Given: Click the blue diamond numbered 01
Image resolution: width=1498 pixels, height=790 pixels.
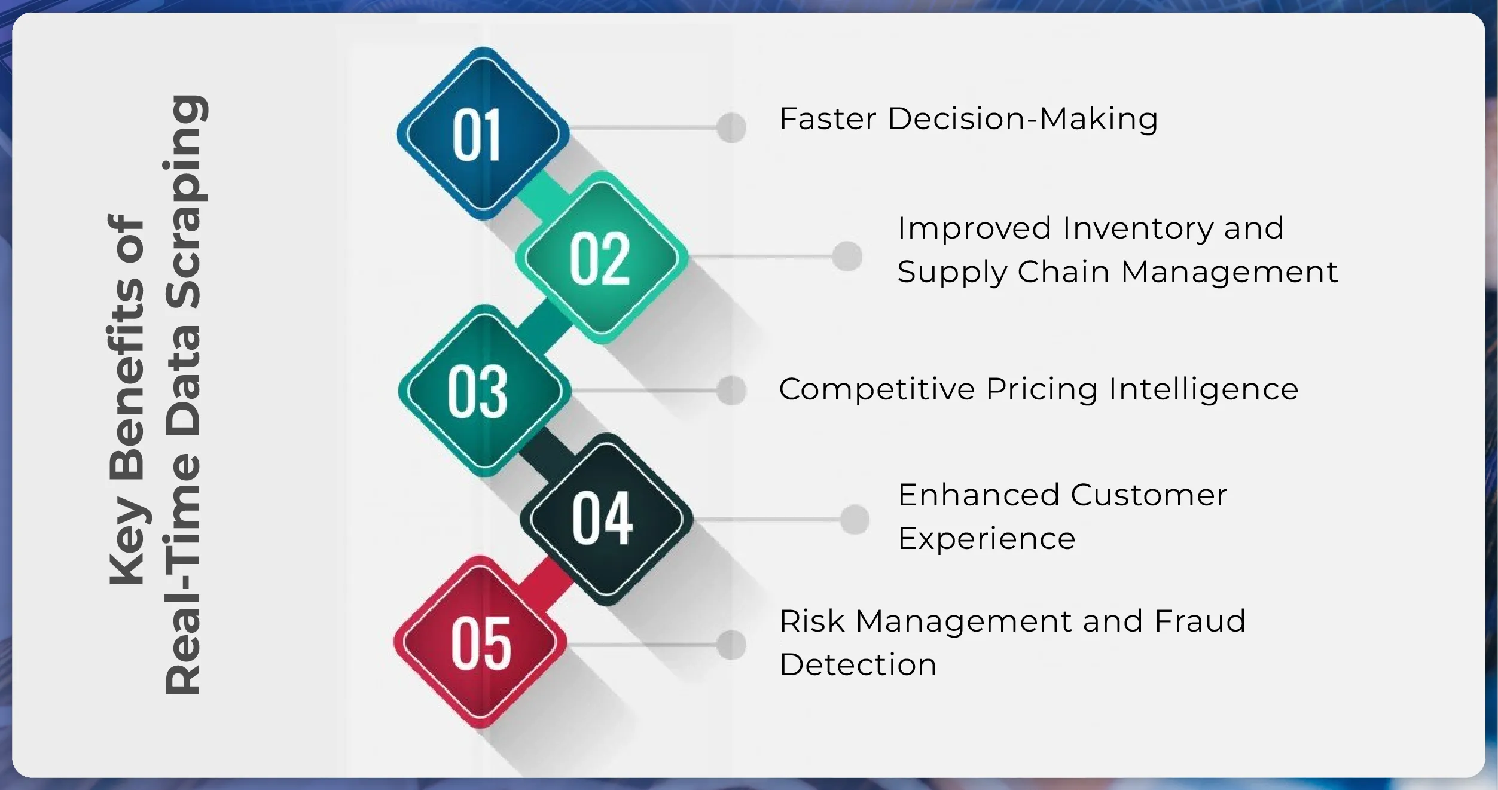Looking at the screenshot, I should (x=483, y=133).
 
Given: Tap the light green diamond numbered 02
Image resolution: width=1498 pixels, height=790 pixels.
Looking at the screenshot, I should (x=601, y=257).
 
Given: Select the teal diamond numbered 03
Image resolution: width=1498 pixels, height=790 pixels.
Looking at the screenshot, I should (x=484, y=391).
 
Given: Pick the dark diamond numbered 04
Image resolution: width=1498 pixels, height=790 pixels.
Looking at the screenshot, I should (x=606, y=518).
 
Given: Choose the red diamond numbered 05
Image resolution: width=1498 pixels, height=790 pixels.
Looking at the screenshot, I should (x=480, y=642).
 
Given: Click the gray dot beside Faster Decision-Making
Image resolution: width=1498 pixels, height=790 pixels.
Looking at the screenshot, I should (x=731, y=127).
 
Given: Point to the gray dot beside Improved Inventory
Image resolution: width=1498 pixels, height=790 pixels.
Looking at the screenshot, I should (x=847, y=256).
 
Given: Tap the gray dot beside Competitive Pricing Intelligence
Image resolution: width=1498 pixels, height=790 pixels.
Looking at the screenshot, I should (x=731, y=390).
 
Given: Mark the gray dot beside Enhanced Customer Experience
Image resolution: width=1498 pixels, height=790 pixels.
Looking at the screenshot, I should (x=854, y=518).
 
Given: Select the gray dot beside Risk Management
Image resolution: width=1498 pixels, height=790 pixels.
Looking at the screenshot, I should (x=731, y=644).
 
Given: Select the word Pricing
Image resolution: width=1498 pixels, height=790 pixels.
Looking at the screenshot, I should (x=1041, y=389).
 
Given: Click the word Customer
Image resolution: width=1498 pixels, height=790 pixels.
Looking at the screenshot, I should (x=1149, y=495).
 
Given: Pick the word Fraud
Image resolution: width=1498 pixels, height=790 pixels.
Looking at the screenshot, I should (x=1200, y=621).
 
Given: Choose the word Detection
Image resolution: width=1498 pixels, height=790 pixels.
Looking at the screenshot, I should (x=858, y=664).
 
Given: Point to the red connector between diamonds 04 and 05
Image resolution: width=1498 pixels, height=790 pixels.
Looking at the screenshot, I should (x=545, y=579).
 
